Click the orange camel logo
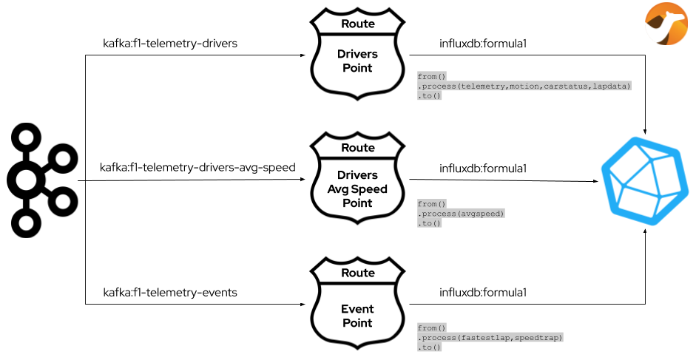point(666,24)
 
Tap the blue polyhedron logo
point(641,180)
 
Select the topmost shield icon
point(357,54)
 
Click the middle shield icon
point(357,177)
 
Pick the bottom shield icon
point(357,302)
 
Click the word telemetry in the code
point(482,86)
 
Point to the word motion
point(525,86)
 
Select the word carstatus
point(567,86)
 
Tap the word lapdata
point(610,86)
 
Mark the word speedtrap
point(538,338)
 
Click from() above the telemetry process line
point(432,77)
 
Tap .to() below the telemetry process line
point(430,96)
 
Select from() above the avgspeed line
point(432,204)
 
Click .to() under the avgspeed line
point(430,223)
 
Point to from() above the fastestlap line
point(432,328)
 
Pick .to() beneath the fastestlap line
point(430,347)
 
